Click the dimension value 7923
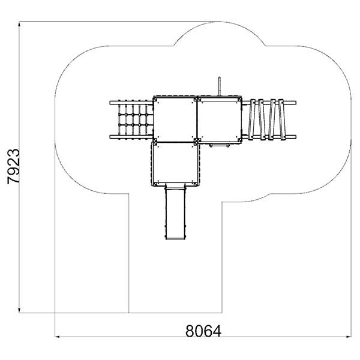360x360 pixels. click(x=14, y=166)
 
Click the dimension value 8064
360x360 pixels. click(x=203, y=331)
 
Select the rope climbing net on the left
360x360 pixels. click(x=133, y=120)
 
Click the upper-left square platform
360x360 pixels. click(x=175, y=120)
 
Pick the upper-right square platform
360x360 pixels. click(x=220, y=120)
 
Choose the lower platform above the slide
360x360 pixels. click(x=175, y=163)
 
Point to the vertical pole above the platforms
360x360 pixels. click(x=219, y=86)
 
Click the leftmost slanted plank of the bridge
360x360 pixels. click(x=251, y=119)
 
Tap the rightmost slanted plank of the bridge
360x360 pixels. click(x=282, y=119)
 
